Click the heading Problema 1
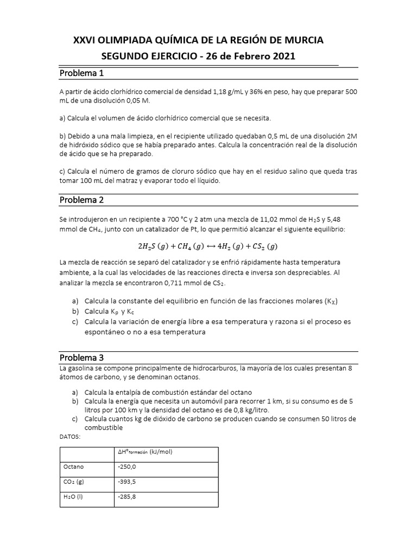click(81, 73)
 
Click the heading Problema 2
click(81, 200)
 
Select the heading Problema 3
click(81, 358)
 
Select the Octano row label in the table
click(74, 466)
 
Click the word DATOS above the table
click(69, 436)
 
